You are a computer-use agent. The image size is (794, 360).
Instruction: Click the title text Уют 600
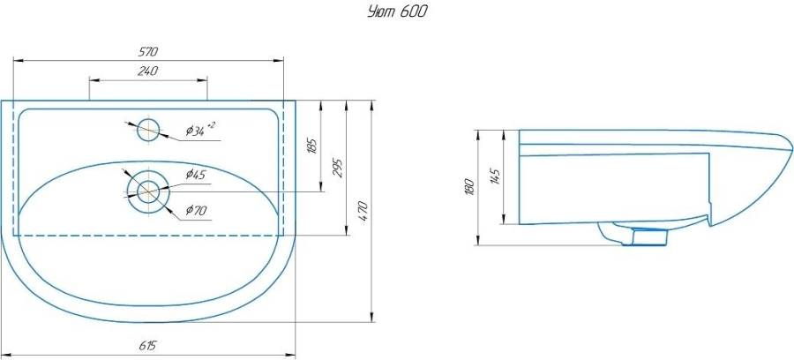(398, 13)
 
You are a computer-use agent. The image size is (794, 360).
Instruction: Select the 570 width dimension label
(147, 53)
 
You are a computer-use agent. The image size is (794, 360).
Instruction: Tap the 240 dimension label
(147, 71)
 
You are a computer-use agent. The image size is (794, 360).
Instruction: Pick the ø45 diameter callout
(195, 175)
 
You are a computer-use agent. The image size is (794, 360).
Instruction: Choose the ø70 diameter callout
(195, 210)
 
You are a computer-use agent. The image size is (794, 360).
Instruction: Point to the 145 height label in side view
(495, 176)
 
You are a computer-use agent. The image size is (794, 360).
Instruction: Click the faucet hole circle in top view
(148, 130)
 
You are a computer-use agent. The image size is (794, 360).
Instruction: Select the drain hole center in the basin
(147, 191)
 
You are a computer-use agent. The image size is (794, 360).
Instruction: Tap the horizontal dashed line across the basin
(148, 236)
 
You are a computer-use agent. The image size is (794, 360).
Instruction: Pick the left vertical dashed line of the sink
(15, 168)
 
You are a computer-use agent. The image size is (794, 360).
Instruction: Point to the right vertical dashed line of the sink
(282, 168)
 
